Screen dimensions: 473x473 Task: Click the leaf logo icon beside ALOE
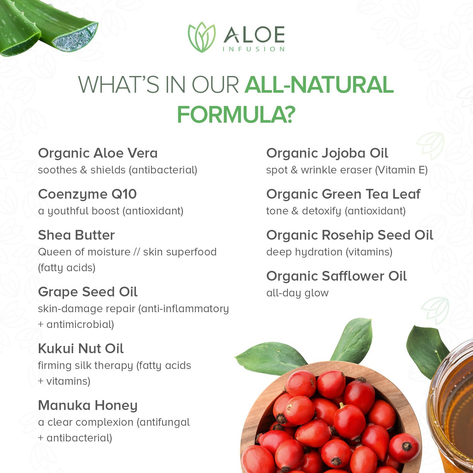tap(201, 37)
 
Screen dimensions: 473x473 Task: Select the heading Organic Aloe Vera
tap(98, 153)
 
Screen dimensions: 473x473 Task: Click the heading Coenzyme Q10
tap(87, 194)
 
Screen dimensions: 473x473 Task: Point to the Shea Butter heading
tap(76, 235)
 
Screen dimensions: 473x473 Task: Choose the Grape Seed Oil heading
tap(88, 292)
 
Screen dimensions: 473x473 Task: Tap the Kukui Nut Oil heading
tap(81, 349)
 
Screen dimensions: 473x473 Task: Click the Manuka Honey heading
tap(88, 406)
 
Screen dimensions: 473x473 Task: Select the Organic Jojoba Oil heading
tap(327, 153)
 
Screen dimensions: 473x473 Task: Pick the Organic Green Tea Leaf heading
tap(343, 194)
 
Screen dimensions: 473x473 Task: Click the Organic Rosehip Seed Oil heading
tap(349, 235)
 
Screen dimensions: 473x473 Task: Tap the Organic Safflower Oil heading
tap(336, 276)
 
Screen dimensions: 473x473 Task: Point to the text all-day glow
tap(297, 293)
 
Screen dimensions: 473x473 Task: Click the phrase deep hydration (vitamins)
tap(329, 252)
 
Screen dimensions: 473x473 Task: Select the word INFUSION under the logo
tap(254, 49)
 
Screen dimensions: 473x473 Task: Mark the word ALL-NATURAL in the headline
tap(319, 85)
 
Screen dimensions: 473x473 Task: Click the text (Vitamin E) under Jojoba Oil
tap(401, 170)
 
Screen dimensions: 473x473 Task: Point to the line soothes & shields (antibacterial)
tap(117, 170)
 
